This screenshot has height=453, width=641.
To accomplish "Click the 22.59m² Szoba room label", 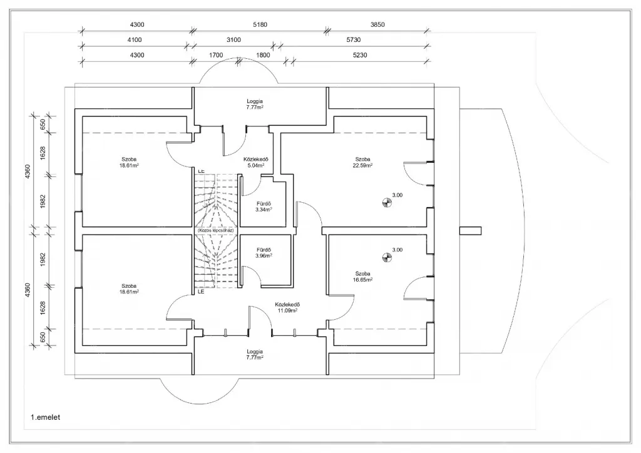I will [x=364, y=163].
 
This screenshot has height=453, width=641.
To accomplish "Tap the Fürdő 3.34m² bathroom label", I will [x=264, y=206].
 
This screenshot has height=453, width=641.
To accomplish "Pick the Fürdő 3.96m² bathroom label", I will [x=264, y=253].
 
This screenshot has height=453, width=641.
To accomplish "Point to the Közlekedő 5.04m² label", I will [x=256, y=163].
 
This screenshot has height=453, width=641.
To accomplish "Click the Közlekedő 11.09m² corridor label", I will [x=286, y=307].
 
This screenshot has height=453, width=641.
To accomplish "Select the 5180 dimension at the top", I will [x=260, y=24].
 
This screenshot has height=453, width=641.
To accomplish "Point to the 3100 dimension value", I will [x=233, y=40].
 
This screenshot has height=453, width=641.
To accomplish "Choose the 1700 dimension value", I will [x=215, y=55].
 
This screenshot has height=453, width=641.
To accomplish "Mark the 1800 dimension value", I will [x=263, y=55].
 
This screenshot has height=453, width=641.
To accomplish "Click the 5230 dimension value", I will [x=360, y=55].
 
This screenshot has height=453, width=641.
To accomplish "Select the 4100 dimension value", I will [x=135, y=40].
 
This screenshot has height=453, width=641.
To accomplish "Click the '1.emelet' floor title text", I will [x=44, y=416].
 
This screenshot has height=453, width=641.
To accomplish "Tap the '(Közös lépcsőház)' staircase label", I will [x=215, y=230].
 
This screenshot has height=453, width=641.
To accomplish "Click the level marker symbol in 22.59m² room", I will [x=386, y=201].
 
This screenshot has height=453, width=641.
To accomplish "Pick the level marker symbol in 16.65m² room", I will [x=386, y=255].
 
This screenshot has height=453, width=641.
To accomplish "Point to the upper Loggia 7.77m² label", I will [x=255, y=104].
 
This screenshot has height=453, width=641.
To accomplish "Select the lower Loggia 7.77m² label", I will [x=255, y=354].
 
